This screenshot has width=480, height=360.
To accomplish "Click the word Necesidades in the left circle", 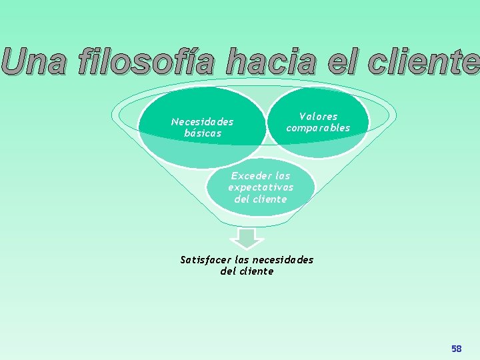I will coord(202,122).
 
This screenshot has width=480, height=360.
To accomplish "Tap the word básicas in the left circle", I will coord(203,133).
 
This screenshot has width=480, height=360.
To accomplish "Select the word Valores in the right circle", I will coord(318,117).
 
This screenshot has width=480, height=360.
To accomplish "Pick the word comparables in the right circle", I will coord(318,128).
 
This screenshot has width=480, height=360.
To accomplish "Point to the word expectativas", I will coord(261,187).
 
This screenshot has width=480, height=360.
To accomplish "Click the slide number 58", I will coord(456,349).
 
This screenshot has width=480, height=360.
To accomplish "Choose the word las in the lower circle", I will coord(282,176).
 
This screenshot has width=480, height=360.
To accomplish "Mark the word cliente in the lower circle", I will coord(270,199).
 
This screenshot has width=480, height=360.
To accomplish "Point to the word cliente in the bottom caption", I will coord(257,271).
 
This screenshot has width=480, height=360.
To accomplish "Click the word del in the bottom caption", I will coord(228,271).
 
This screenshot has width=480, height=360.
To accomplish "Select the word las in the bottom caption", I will coord(244,260).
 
